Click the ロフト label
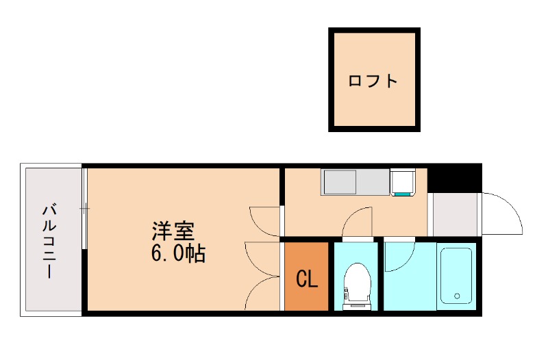point(373,81)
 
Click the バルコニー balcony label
point(49,240)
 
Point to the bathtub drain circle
point(457,297)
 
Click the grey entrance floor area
point(455,214)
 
